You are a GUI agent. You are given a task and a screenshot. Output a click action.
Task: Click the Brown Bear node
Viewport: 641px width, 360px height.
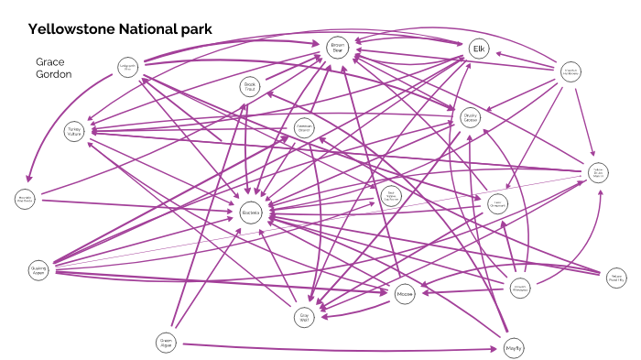pos(337,48)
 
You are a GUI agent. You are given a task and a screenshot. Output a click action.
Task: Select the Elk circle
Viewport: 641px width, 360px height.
pos(478,48)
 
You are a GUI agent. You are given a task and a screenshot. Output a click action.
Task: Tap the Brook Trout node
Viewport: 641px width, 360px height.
pos(251,87)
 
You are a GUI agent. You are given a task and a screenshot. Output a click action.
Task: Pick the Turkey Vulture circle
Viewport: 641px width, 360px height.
pos(74,132)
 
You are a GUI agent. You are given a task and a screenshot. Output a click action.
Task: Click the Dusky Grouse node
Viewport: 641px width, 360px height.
pos(471,118)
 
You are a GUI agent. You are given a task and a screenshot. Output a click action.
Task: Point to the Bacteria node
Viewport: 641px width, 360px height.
pos(252,213)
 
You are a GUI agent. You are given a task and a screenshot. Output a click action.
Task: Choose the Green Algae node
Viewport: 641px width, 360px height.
pos(166,343)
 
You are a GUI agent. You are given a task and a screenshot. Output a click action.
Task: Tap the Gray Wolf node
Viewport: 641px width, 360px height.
pos(306,318)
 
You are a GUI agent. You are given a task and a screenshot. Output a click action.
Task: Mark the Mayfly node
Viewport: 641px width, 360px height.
pos(514,348)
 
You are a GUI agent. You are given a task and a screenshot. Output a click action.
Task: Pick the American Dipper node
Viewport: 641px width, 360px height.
pos(306,130)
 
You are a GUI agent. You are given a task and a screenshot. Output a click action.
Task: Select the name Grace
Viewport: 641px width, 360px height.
pos(51,60)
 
